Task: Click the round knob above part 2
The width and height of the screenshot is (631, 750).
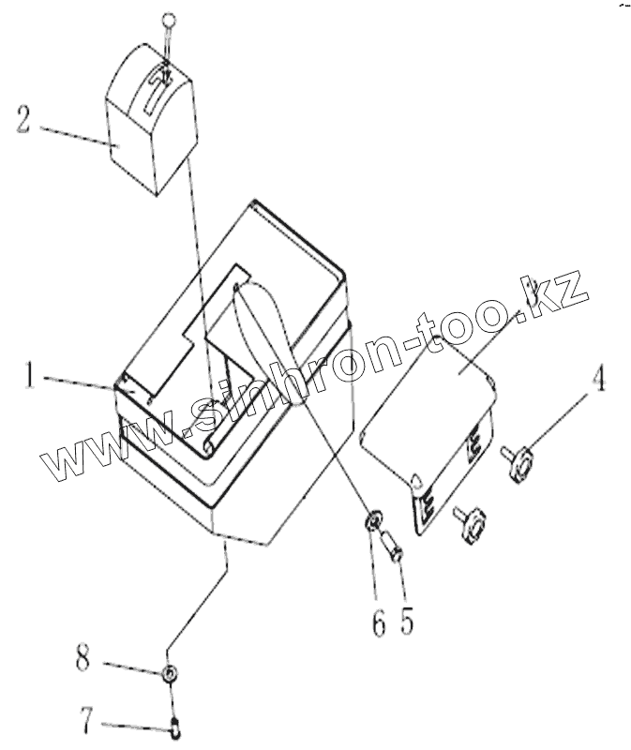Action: click(168, 21)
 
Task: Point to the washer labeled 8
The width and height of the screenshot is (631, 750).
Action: click(169, 673)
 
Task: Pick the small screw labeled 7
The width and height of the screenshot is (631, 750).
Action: click(175, 723)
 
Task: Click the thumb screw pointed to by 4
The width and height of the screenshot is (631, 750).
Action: click(521, 460)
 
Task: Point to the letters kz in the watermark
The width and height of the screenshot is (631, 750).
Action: click(553, 292)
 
